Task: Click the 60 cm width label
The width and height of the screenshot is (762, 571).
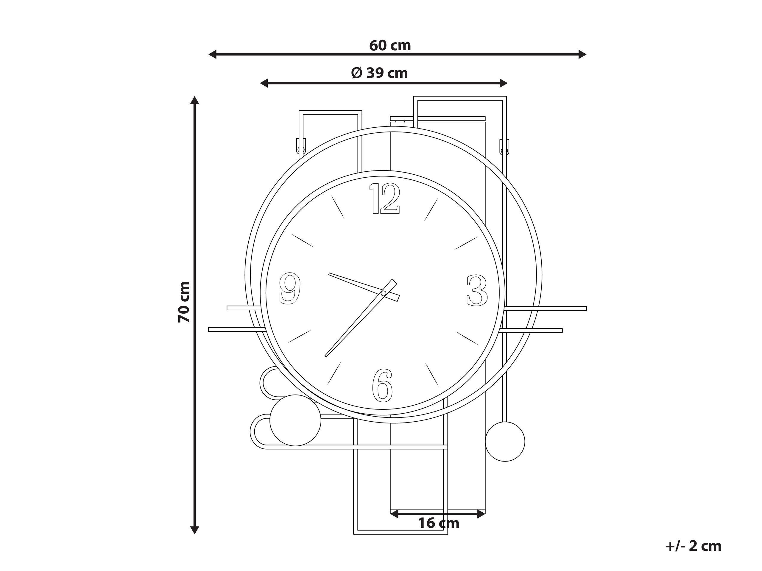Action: point(390,46)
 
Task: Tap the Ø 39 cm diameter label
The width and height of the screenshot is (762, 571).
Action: point(379,73)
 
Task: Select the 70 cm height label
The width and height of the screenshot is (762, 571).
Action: point(184,302)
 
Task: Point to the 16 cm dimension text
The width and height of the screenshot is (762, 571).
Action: point(439,523)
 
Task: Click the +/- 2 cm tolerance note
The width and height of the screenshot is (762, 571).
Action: point(694,546)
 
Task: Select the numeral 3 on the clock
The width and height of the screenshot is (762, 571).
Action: point(477,290)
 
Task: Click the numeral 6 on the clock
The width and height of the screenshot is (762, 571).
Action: point(383,386)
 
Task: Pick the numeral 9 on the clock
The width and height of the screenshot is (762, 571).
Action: point(290,288)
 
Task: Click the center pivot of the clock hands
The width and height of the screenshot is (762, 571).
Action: point(384,293)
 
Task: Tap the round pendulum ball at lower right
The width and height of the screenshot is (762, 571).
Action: point(505,442)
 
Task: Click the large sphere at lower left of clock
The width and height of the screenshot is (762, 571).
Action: point(295,420)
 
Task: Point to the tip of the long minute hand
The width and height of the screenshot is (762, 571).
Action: point(326,356)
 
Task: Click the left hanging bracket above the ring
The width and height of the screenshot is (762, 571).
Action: point(301,146)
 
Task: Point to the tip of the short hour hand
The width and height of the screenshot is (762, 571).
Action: point(330,274)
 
